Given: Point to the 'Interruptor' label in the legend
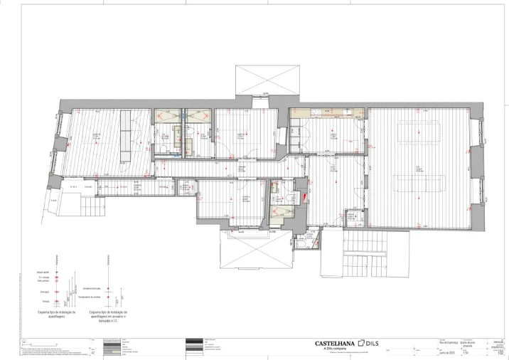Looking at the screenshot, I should pos(45,292).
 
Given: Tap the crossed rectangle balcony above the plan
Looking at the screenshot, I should pos(267,80).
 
